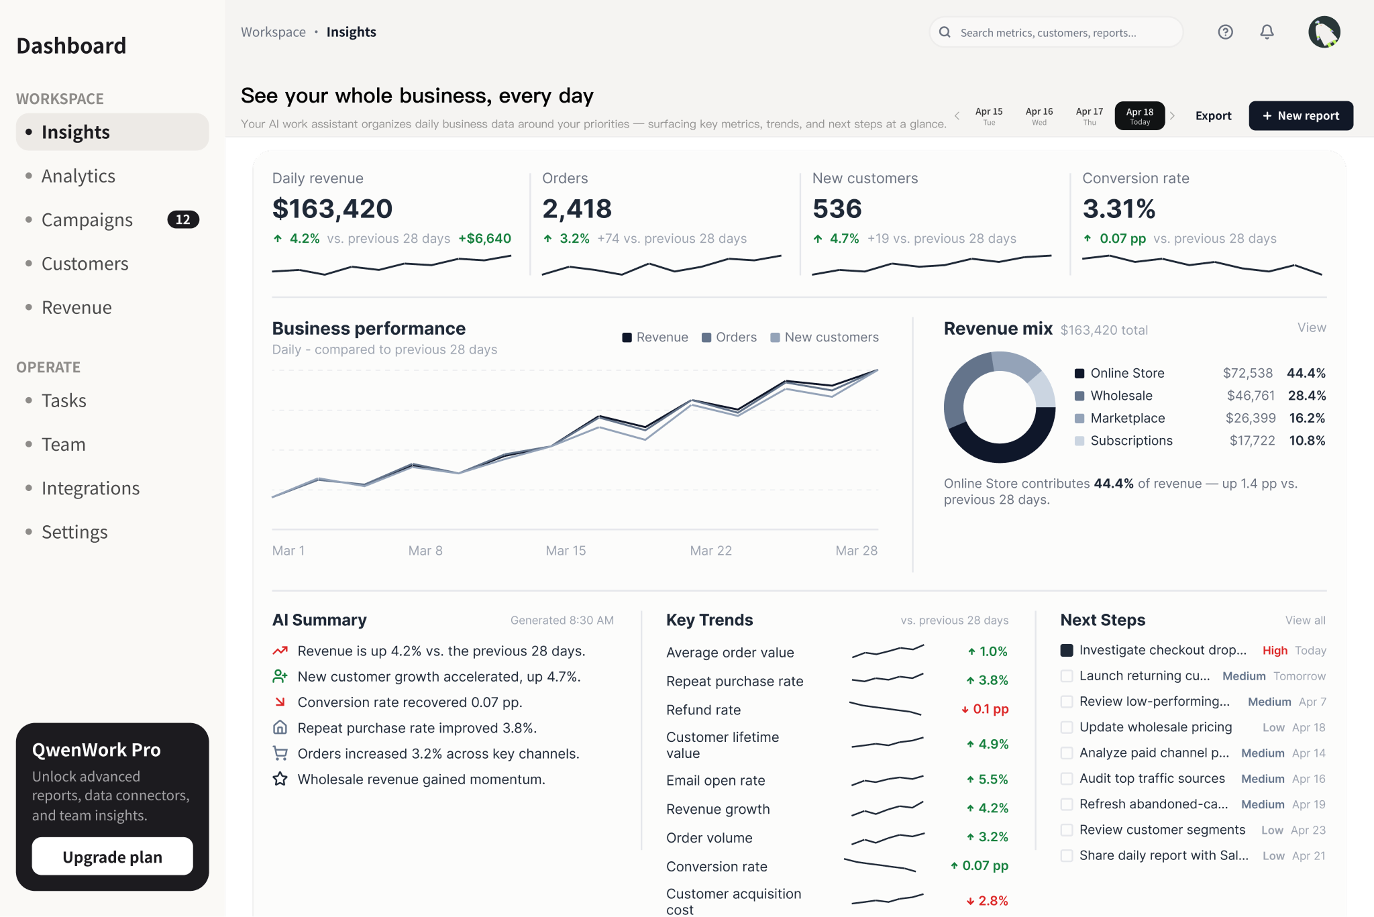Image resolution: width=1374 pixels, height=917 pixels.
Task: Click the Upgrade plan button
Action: [112, 857]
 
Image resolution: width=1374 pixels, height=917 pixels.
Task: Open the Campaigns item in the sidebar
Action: [87, 220]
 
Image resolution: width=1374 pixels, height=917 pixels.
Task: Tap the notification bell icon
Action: [1267, 32]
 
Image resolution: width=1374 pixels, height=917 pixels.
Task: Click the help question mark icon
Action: [1225, 32]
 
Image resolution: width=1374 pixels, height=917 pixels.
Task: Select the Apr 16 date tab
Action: [1039, 116]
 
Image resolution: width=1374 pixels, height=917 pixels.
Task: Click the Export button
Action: [1213, 116]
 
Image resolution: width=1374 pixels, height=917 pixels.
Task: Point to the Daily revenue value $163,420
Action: [332, 209]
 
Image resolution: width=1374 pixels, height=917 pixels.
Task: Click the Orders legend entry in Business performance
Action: [729, 337]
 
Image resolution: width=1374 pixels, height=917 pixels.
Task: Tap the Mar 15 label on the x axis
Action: [566, 551]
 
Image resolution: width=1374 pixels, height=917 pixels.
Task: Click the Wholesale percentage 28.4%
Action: [1306, 396]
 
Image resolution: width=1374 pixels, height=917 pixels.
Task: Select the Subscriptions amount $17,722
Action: [1252, 441]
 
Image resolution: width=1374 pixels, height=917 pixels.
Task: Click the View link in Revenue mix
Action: [1312, 328]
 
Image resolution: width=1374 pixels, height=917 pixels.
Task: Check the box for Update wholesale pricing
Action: [1067, 727]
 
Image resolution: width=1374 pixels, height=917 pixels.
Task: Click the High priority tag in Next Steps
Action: [1275, 651]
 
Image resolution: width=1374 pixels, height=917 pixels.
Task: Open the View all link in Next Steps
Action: [1305, 621]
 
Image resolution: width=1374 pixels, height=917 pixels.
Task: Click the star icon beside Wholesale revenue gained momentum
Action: [280, 779]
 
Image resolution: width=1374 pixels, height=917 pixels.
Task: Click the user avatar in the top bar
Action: [1324, 32]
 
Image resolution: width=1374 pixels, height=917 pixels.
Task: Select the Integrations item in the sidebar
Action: [91, 488]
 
